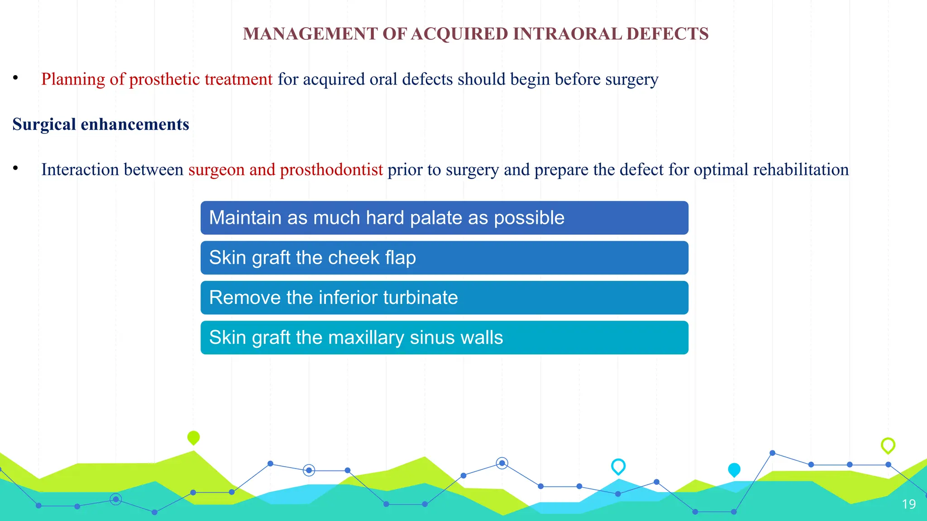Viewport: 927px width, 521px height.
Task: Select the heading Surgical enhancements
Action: (100, 124)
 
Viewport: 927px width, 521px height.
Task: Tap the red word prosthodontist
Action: (331, 170)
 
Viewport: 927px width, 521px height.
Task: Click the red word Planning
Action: (73, 79)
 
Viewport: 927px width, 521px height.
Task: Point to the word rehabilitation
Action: (801, 170)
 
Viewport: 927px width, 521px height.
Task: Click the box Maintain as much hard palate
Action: (444, 218)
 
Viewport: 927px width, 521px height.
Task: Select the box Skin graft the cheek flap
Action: (444, 258)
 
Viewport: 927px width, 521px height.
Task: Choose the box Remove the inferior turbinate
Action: (444, 298)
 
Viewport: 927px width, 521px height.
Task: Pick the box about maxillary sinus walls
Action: (444, 337)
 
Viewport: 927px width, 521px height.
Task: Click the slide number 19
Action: (908, 504)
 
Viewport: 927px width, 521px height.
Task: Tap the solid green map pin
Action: (193, 437)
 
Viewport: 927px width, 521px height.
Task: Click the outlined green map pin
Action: (888, 445)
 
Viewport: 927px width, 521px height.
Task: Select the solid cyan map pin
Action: (734, 469)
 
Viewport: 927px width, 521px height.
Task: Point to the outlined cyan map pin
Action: (618, 466)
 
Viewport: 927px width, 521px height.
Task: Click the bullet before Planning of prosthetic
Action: (15, 78)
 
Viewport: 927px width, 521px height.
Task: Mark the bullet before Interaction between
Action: (15, 168)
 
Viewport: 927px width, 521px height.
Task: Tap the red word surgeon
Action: (216, 170)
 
